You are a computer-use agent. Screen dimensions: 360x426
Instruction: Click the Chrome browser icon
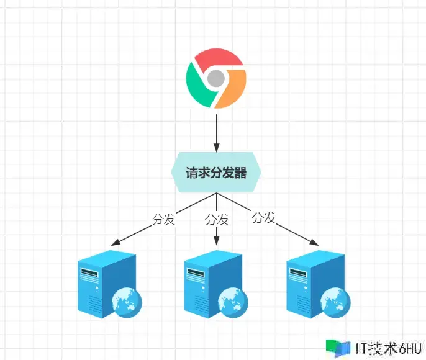click(x=215, y=78)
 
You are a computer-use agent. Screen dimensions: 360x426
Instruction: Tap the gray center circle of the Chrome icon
click(x=215, y=78)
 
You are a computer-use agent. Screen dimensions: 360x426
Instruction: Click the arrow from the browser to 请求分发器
click(x=216, y=130)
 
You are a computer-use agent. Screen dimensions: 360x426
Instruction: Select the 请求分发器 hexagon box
click(x=216, y=173)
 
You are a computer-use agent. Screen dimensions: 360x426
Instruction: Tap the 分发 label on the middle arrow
click(x=217, y=220)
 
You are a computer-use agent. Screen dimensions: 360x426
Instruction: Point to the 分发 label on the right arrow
click(x=263, y=217)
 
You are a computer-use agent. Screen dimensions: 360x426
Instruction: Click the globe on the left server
click(x=127, y=302)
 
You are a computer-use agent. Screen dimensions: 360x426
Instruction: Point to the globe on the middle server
click(x=232, y=302)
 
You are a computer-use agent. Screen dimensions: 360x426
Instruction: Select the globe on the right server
click(x=335, y=302)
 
